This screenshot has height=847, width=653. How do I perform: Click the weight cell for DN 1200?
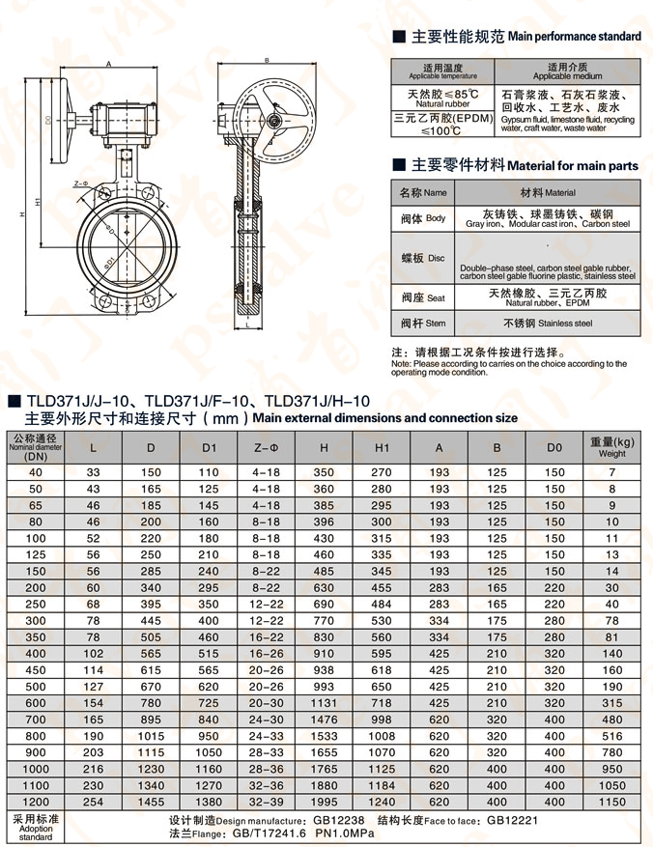611,801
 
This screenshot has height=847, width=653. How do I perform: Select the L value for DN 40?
93,472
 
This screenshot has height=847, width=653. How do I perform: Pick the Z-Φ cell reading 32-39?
266,801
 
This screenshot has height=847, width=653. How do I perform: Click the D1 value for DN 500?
210,686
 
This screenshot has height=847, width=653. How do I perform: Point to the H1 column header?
382,447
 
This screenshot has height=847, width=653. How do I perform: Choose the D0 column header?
554,447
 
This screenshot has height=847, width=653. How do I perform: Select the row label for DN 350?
36,636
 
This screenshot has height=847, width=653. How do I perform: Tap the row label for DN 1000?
36,768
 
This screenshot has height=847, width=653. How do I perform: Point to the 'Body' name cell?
423,219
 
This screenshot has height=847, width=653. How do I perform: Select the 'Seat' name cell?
423,297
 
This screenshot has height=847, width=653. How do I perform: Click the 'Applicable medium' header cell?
567,71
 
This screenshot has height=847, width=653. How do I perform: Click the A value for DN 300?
440,620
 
